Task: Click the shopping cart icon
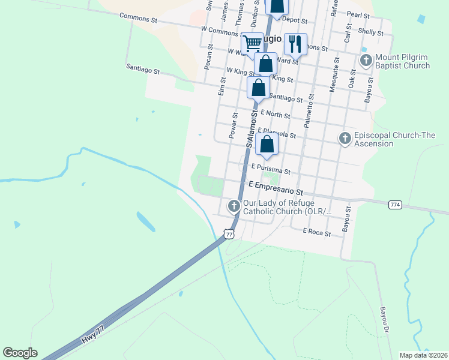[253, 43]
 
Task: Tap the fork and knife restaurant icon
[295, 43]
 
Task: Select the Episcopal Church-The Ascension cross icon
[345, 138]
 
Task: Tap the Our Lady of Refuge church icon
[234, 206]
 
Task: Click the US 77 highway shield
[229, 234]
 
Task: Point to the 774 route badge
[395, 205]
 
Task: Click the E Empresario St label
[273, 188]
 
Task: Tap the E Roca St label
[317, 230]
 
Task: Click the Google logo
[20, 353]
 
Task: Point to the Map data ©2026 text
[423, 355]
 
